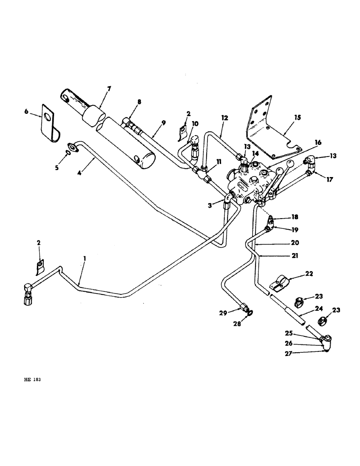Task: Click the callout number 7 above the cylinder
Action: (109, 88)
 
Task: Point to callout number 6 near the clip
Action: (26, 112)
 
